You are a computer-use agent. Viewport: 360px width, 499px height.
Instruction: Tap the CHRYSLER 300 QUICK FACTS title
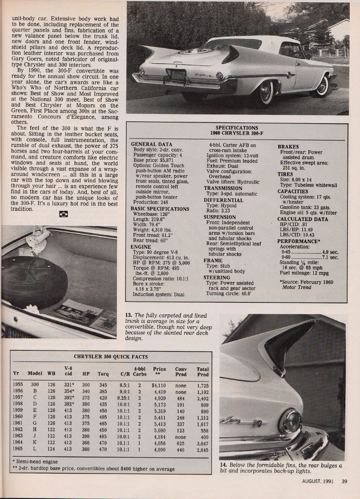coord(111,356)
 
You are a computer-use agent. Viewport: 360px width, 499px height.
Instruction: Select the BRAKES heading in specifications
coord(288,147)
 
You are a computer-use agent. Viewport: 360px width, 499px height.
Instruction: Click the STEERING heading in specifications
coord(217,278)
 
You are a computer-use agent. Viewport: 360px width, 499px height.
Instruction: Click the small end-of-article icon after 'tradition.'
coord(64,214)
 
